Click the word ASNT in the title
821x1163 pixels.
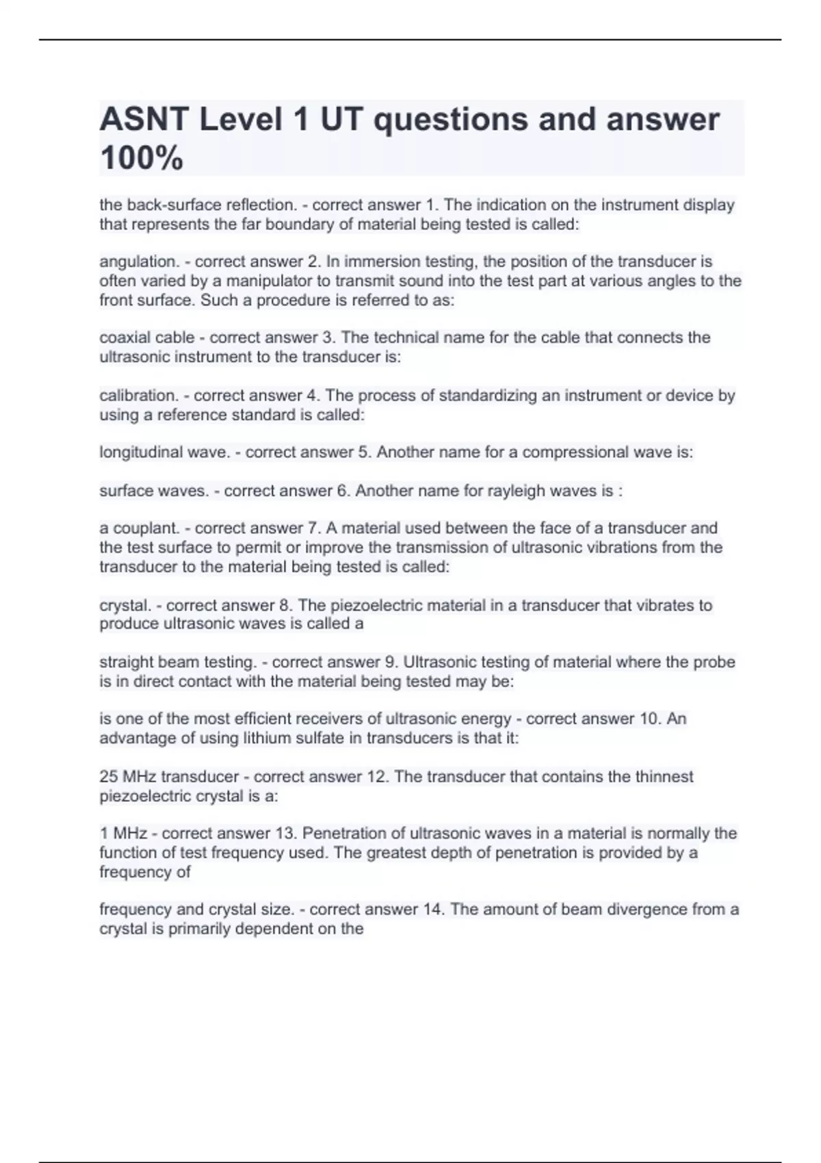click(x=144, y=120)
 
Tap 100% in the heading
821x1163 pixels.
click(x=142, y=158)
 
